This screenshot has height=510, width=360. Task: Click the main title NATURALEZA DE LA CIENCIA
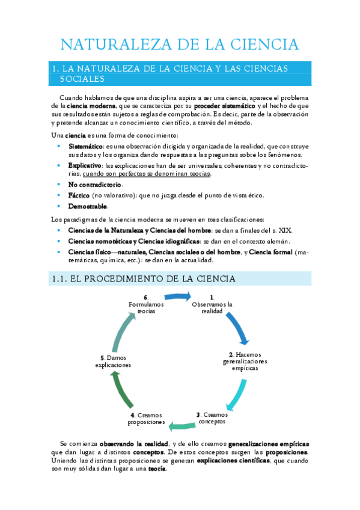tap(180, 45)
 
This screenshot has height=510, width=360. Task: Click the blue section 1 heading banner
tap(180, 73)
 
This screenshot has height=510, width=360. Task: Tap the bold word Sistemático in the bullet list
tap(85, 146)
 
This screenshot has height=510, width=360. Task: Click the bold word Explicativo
tap(84, 165)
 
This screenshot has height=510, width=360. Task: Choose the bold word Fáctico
tap(79, 195)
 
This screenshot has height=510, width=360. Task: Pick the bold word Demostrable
tap(88, 206)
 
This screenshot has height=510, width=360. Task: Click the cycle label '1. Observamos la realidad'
tap(212, 304)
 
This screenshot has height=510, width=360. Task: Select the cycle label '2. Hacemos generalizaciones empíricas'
tap(245, 361)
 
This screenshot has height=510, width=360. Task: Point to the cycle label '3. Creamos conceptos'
tap(212, 417)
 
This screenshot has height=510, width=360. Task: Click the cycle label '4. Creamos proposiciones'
tap(147, 419)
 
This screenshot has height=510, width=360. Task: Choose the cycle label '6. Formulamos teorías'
tap(145, 304)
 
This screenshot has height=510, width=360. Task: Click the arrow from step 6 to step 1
tap(178, 296)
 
